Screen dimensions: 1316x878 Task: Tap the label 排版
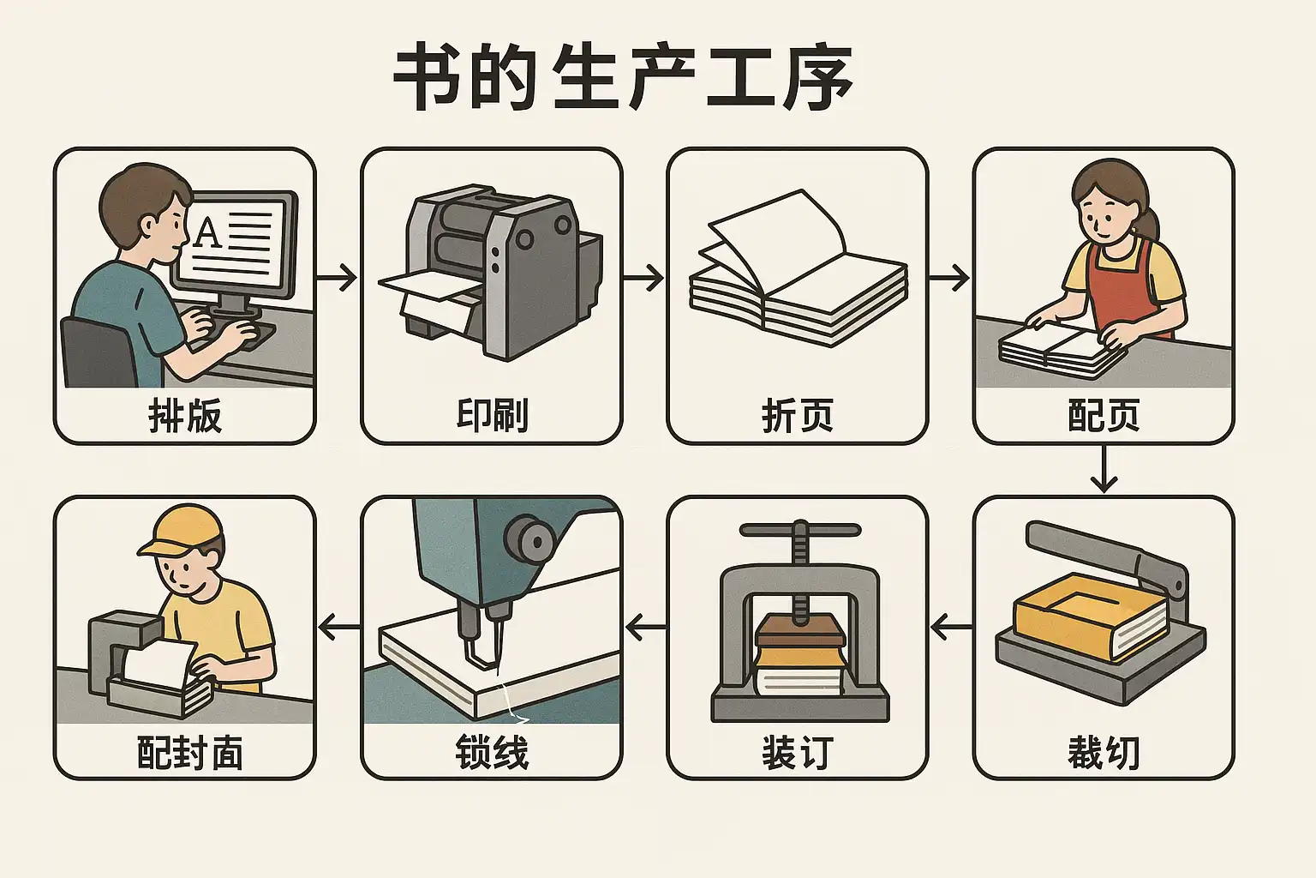(185, 415)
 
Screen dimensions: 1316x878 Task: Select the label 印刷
(492, 415)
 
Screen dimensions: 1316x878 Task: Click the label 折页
(798, 415)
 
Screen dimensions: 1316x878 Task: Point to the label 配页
(1104, 415)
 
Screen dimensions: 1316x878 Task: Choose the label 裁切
(1104, 752)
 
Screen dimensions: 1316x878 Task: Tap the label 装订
(798, 752)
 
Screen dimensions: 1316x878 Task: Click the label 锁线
(492, 752)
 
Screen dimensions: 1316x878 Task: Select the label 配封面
(189, 752)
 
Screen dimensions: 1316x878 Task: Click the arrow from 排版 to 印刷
(337, 277)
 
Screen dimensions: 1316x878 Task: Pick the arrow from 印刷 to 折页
(643, 277)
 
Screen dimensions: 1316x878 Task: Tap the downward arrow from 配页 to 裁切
(1104, 469)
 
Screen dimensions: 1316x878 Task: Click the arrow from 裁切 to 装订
(951, 627)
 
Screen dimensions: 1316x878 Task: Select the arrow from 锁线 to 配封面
(339, 627)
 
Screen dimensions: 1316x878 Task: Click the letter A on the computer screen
(206, 232)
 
